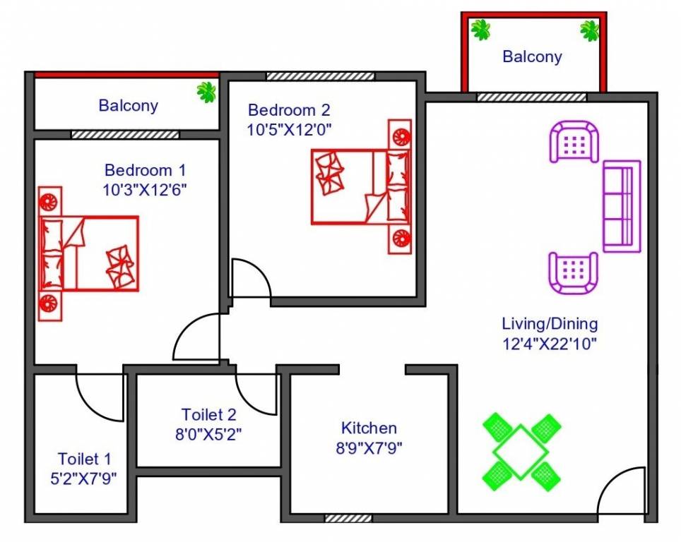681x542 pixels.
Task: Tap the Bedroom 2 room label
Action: [289, 110]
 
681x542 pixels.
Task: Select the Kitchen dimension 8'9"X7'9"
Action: [369, 447]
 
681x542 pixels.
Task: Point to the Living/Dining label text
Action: [550, 324]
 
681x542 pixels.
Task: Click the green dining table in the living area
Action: [521, 452]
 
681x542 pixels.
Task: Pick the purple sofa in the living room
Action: [622, 205]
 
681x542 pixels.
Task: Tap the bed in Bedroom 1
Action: [89, 253]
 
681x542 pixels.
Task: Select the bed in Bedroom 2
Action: [360, 186]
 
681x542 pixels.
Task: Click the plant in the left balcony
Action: [207, 92]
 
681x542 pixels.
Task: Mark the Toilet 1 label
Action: [84, 459]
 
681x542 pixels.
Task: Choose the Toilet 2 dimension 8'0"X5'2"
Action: [208, 433]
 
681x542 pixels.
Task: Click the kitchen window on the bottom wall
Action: [348, 518]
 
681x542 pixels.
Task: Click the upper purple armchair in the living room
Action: [574, 142]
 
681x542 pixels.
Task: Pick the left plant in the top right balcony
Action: [481, 30]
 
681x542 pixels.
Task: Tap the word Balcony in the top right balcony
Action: [532, 56]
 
